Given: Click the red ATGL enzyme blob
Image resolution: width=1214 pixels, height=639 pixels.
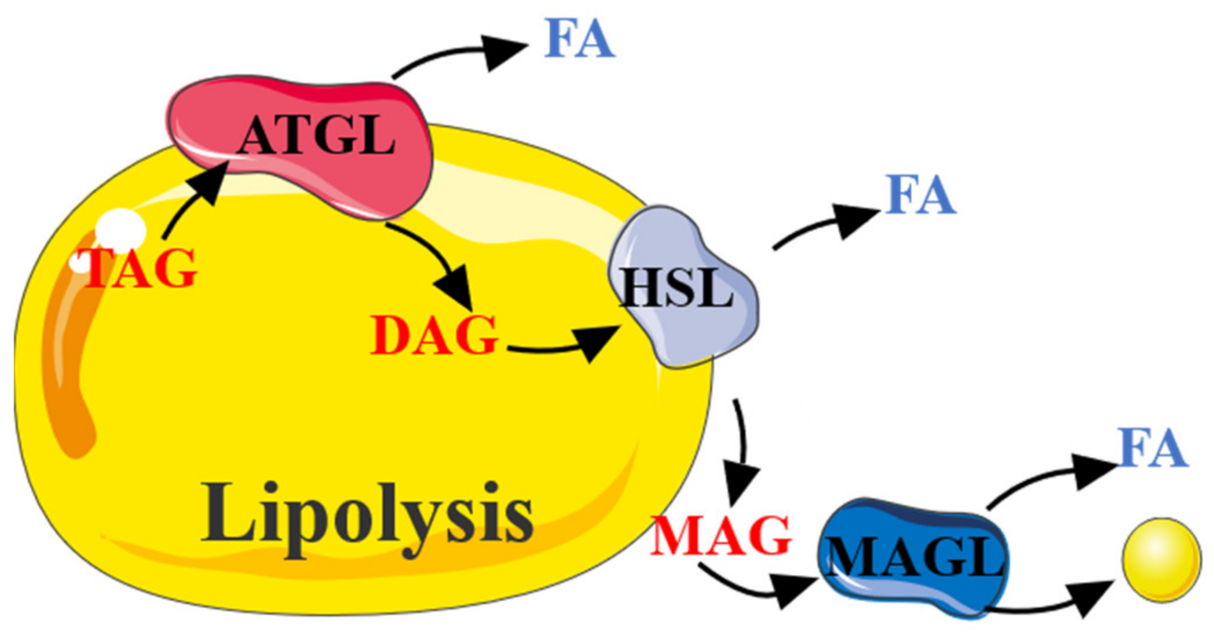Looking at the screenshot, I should [x=301, y=145].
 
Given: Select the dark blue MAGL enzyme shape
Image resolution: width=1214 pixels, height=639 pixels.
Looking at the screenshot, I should [x=915, y=559].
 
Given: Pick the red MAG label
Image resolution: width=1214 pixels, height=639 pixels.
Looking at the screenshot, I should [x=721, y=536].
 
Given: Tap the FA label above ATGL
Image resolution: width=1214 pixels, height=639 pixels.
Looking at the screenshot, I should [x=579, y=39].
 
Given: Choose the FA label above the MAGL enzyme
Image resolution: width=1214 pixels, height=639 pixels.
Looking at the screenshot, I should [x=1153, y=448].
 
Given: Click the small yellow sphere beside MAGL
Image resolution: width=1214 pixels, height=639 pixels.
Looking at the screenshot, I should [x=1161, y=560].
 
